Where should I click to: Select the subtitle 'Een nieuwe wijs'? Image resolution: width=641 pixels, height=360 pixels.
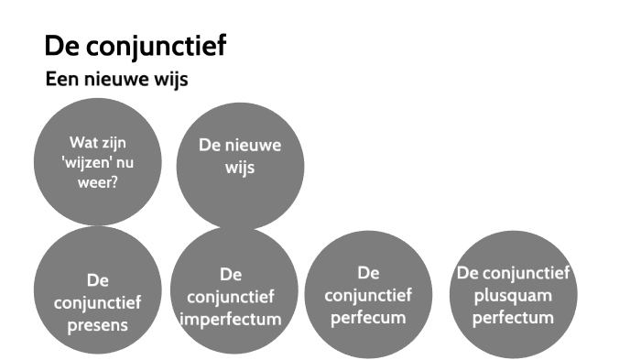[116, 80]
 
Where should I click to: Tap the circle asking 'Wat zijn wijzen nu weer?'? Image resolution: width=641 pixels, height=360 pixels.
[97, 162]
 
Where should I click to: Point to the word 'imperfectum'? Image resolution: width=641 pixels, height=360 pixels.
[230, 320]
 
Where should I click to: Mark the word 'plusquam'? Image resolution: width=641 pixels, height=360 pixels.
[514, 295]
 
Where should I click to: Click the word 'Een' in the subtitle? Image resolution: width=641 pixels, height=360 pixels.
[61, 80]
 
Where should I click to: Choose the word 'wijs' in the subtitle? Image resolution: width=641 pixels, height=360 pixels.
[168, 80]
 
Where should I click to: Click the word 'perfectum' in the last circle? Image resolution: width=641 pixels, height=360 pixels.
[514, 317]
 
